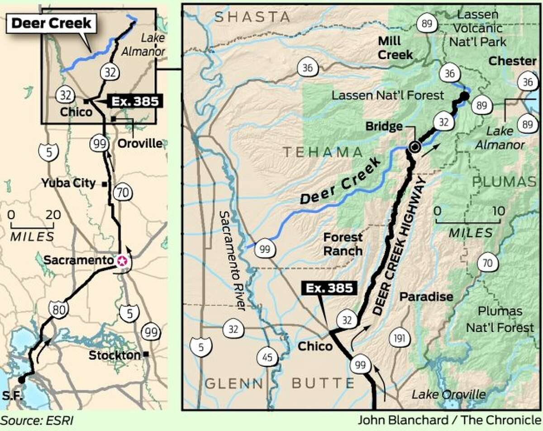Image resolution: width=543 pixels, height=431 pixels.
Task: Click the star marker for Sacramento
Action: tap(121, 261)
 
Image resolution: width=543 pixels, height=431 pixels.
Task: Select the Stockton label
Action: tap(114, 355)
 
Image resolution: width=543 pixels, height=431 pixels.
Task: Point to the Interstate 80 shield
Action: tap(56, 310)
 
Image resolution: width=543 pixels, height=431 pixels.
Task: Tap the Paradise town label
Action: tap(425, 297)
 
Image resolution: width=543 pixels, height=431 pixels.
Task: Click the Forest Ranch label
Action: tap(343, 244)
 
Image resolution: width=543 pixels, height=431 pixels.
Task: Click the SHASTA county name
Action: tap(252, 17)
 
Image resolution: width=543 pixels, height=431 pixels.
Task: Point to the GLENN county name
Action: tap(233, 383)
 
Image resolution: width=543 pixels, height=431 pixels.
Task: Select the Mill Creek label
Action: tap(395, 48)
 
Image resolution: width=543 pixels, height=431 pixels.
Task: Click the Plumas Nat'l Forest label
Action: tap(500, 319)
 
